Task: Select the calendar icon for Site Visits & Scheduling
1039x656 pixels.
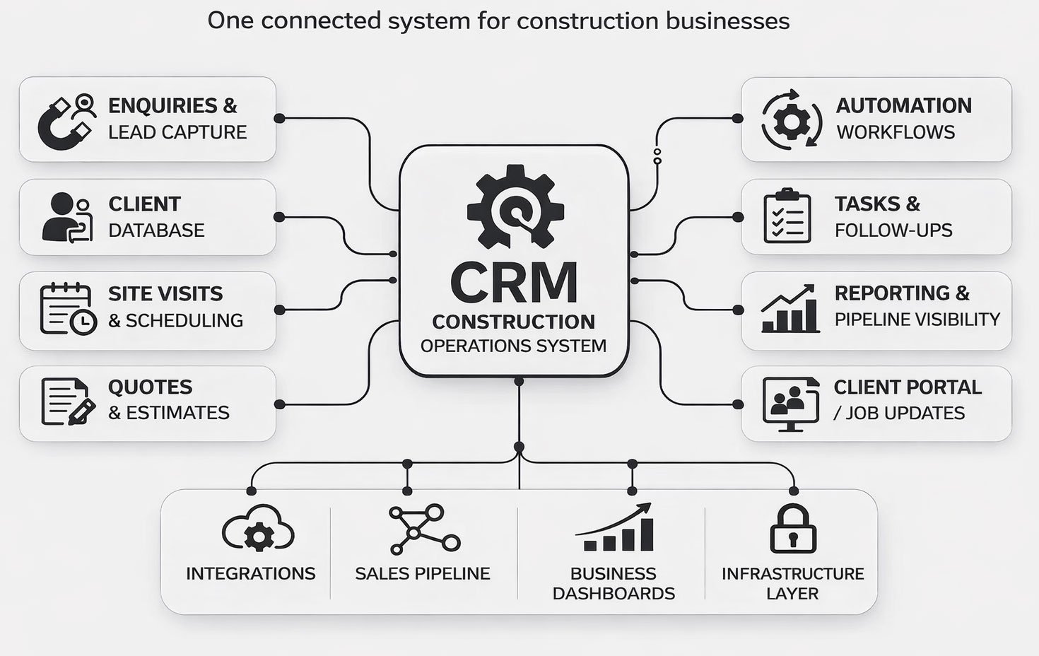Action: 67,309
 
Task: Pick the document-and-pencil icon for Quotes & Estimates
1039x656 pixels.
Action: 68,402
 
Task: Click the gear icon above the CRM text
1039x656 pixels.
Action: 515,206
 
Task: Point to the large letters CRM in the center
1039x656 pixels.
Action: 514,283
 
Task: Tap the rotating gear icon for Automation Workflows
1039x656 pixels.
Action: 791,119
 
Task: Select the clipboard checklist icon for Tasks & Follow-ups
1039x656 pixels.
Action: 787,216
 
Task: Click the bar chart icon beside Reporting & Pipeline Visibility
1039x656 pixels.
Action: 789,309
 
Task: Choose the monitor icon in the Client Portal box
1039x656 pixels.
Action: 790,404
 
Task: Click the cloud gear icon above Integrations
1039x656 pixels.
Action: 258,529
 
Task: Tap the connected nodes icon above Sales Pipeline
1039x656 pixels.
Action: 423,529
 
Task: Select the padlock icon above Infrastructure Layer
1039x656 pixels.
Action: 792,529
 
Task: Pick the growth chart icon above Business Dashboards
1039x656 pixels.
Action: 614,528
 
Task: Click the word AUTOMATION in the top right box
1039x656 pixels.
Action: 903,106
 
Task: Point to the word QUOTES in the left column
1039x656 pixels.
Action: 150,387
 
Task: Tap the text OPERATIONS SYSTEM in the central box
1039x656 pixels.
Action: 513,346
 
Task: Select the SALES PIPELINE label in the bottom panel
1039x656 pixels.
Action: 422,573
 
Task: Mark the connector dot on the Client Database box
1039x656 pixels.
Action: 279,217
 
